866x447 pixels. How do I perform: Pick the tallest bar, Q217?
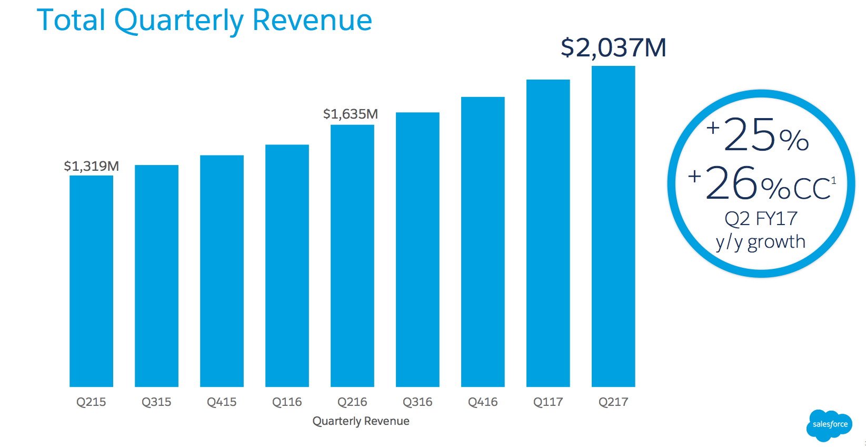click(x=613, y=226)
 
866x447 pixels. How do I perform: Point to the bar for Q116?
click(x=287, y=266)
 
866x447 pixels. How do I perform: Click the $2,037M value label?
click(x=613, y=47)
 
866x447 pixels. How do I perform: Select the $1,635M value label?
click(x=351, y=114)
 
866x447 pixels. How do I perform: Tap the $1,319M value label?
click(x=91, y=166)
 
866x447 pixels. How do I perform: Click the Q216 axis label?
click(x=352, y=402)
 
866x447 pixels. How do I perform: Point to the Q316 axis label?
click(x=417, y=402)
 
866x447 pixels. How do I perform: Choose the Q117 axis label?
click(x=548, y=402)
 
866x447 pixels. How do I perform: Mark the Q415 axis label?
click(x=222, y=402)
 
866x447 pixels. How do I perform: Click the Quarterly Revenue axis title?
click(x=361, y=421)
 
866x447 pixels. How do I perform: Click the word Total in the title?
click(x=71, y=21)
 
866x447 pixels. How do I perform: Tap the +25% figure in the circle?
click(x=758, y=135)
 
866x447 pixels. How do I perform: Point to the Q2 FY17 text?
click(x=761, y=218)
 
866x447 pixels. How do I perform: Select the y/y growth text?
click(x=760, y=242)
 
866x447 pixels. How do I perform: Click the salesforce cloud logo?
click(x=830, y=424)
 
